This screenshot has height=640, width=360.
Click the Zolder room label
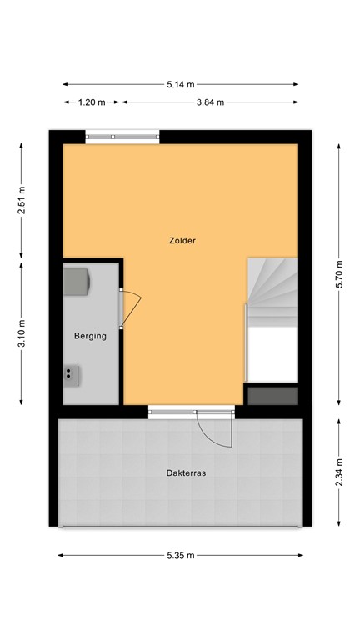click(181, 242)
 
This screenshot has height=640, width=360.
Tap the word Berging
click(90, 336)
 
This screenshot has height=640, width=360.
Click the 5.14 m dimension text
click(180, 84)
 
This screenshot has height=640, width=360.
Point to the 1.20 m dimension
click(92, 102)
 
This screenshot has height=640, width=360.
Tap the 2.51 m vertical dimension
click(22, 199)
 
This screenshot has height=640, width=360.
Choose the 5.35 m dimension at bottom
click(180, 555)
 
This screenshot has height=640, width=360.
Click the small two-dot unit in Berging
click(71, 377)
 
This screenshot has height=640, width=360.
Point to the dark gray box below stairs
click(272, 395)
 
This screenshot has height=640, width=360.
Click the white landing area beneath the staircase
click(273, 354)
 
